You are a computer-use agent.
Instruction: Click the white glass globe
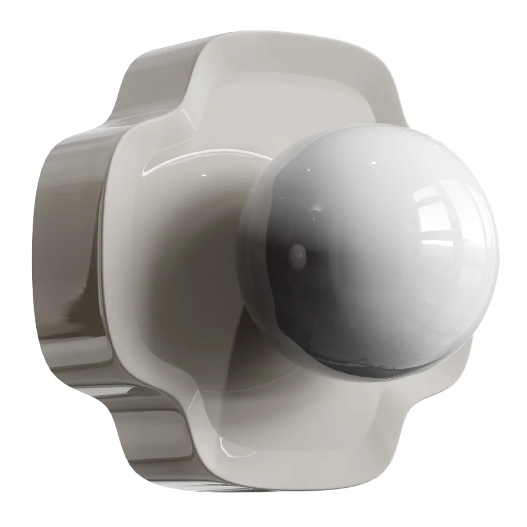(x=375, y=246)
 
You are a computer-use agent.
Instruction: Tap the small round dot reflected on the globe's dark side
(x=298, y=254)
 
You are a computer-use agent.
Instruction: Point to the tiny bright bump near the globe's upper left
(x=317, y=208)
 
